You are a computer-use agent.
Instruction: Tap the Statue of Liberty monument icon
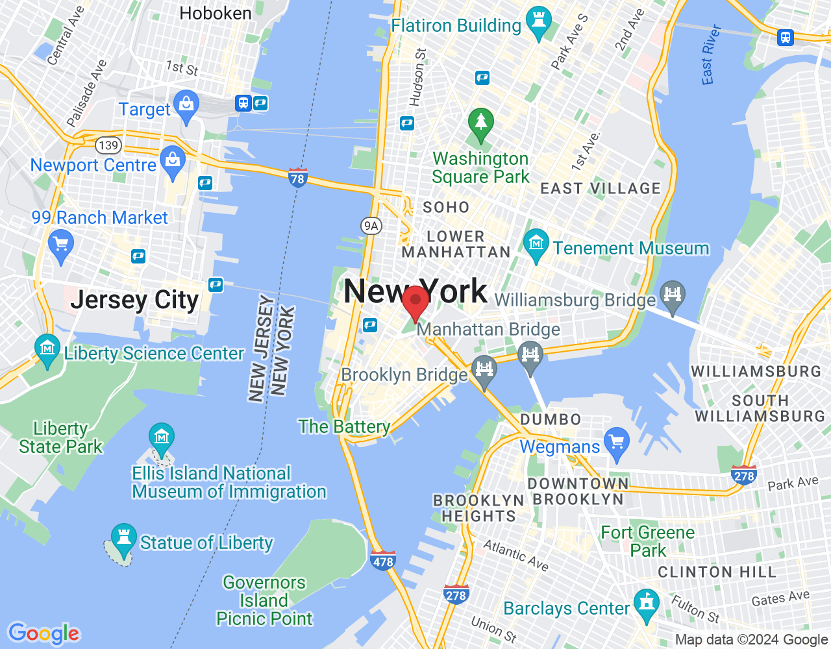(x=123, y=537)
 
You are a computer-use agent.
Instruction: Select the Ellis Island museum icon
(x=161, y=436)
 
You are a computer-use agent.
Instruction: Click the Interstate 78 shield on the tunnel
(x=297, y=177)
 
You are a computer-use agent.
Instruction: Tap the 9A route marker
(x=371, y=226)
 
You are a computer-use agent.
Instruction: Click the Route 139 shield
(x=108, y=145)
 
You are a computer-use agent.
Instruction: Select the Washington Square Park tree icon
(x=481, y=122)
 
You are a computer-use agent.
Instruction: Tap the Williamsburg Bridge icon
(x=672, y=295)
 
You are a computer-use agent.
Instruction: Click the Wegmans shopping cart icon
(x=616, y=441)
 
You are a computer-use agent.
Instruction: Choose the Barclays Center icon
(x=646, y=603)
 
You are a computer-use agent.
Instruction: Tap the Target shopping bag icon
(x=187, y=105)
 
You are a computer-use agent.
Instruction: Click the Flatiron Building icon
(x=538, y=20)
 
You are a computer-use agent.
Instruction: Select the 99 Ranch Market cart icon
(x=61, y=245)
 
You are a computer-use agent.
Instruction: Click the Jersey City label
(x=134, y=300)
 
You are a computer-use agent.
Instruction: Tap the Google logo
(x=44, y=633)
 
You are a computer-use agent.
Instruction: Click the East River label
(x=711, y=55)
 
